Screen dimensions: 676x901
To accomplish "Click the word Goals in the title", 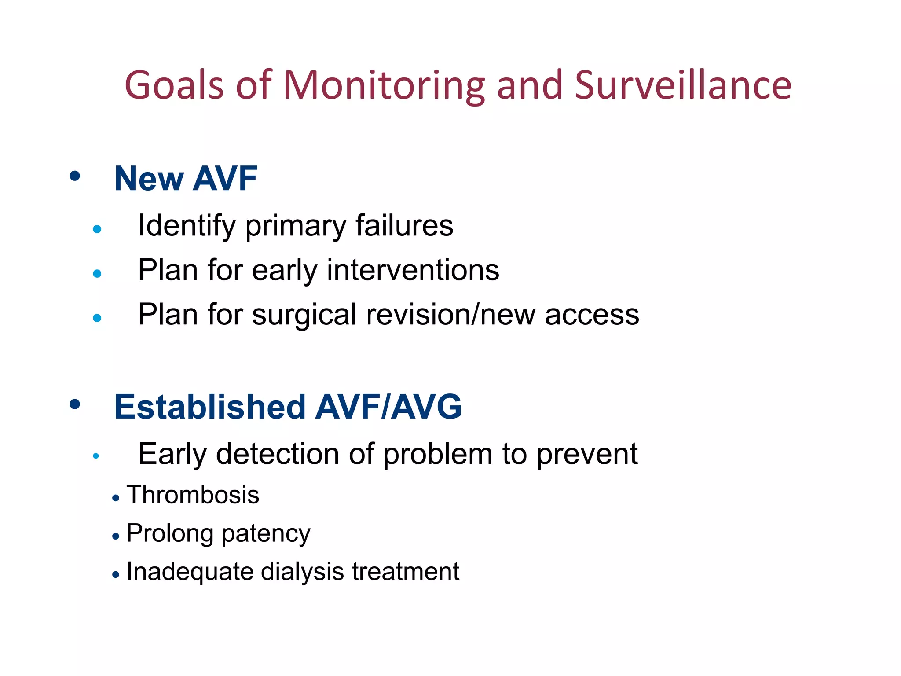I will tap(174, 85).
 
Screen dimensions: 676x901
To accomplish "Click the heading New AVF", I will tap(186, 179).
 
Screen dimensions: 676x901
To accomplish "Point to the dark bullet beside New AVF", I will tap(75, 176).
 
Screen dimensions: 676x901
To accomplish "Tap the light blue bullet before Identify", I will tap(97, 229).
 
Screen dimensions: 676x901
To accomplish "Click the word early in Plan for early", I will tap(284, 271).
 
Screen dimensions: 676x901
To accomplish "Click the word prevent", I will tap(587, 455).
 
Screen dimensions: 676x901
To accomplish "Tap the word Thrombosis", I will tap(193, 495).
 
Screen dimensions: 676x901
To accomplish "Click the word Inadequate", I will tap(190, 572).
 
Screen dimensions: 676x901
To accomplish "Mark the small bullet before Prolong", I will tap(116, 536).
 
